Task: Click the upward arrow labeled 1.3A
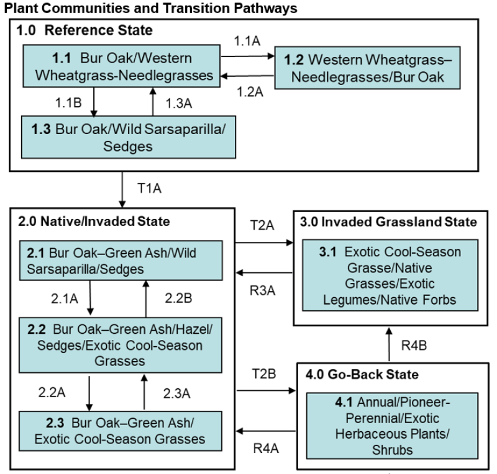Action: point(151,102)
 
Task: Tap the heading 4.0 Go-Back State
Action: point(353,375)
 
